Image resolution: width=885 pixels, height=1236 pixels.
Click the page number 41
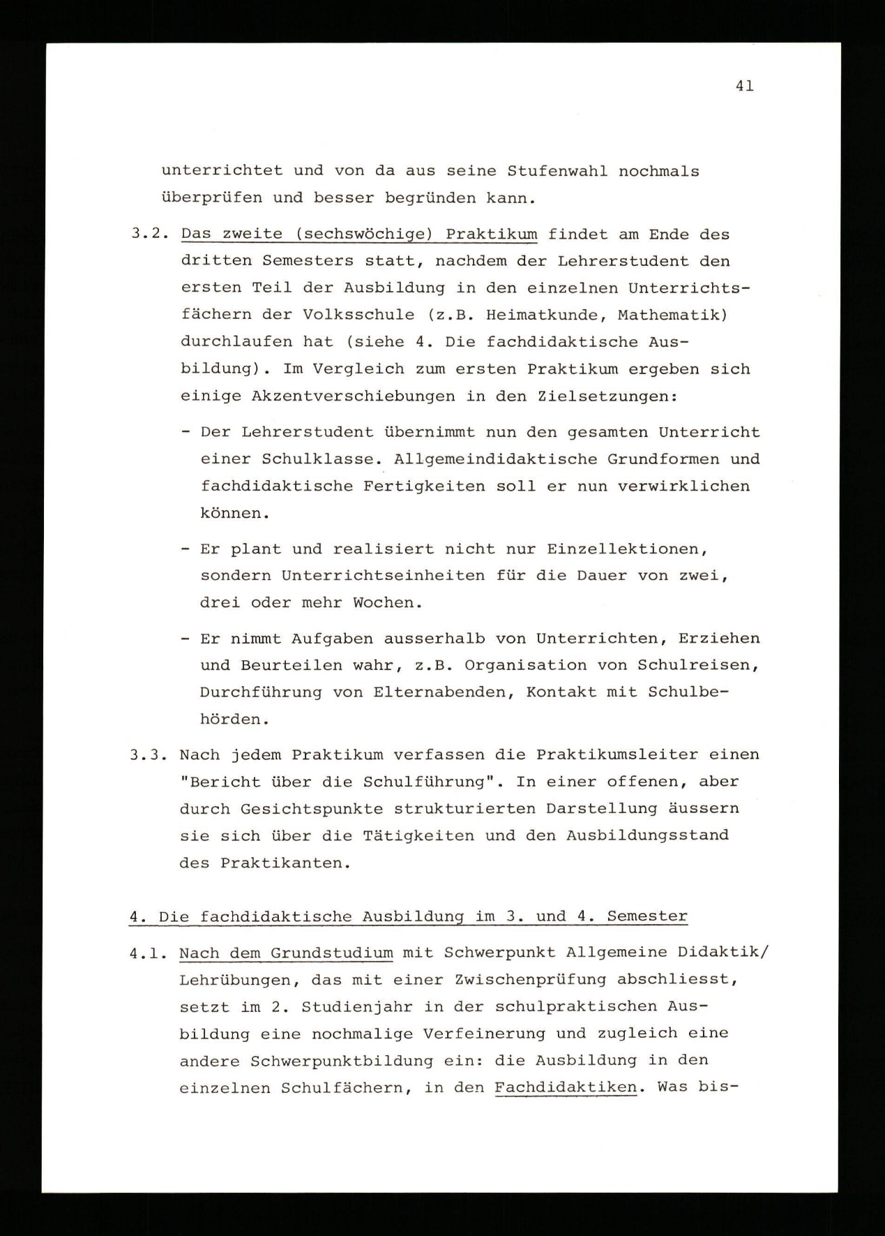(x=743, y=86)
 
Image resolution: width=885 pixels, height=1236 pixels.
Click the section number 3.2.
(x=150, y=234)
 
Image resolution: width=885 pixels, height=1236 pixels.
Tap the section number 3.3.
(x=150, y=755)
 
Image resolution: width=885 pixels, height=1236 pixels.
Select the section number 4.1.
(x=149, y=953)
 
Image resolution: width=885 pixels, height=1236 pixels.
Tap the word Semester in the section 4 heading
(x=646, y=916)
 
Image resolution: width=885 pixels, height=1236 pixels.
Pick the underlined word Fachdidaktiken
(x=566, y=1088)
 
